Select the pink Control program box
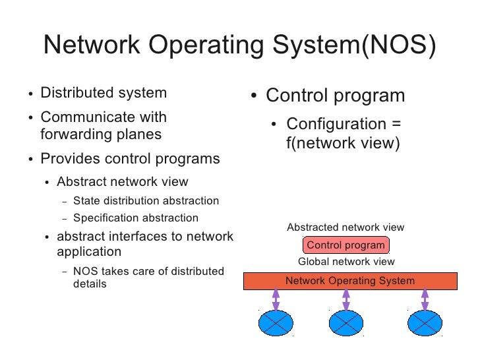(x=345, y=245)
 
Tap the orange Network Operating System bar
(x=350, y=281)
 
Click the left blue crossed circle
(x=276, y=323)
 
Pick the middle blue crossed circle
(x=345, y=323)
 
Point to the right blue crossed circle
(x=425, y=323)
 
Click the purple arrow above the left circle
(x=276, y=299)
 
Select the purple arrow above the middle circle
(x=345, y=299)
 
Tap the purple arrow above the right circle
(x=425, y=299)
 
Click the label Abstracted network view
(x=345, y=227)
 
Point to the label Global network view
(x=347, y=262)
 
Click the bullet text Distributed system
(x=104, y=94)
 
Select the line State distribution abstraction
(x=146, y=201)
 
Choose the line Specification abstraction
(x=136, y=218)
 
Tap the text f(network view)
(x=343, y=142)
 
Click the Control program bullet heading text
(x=335, y=96)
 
